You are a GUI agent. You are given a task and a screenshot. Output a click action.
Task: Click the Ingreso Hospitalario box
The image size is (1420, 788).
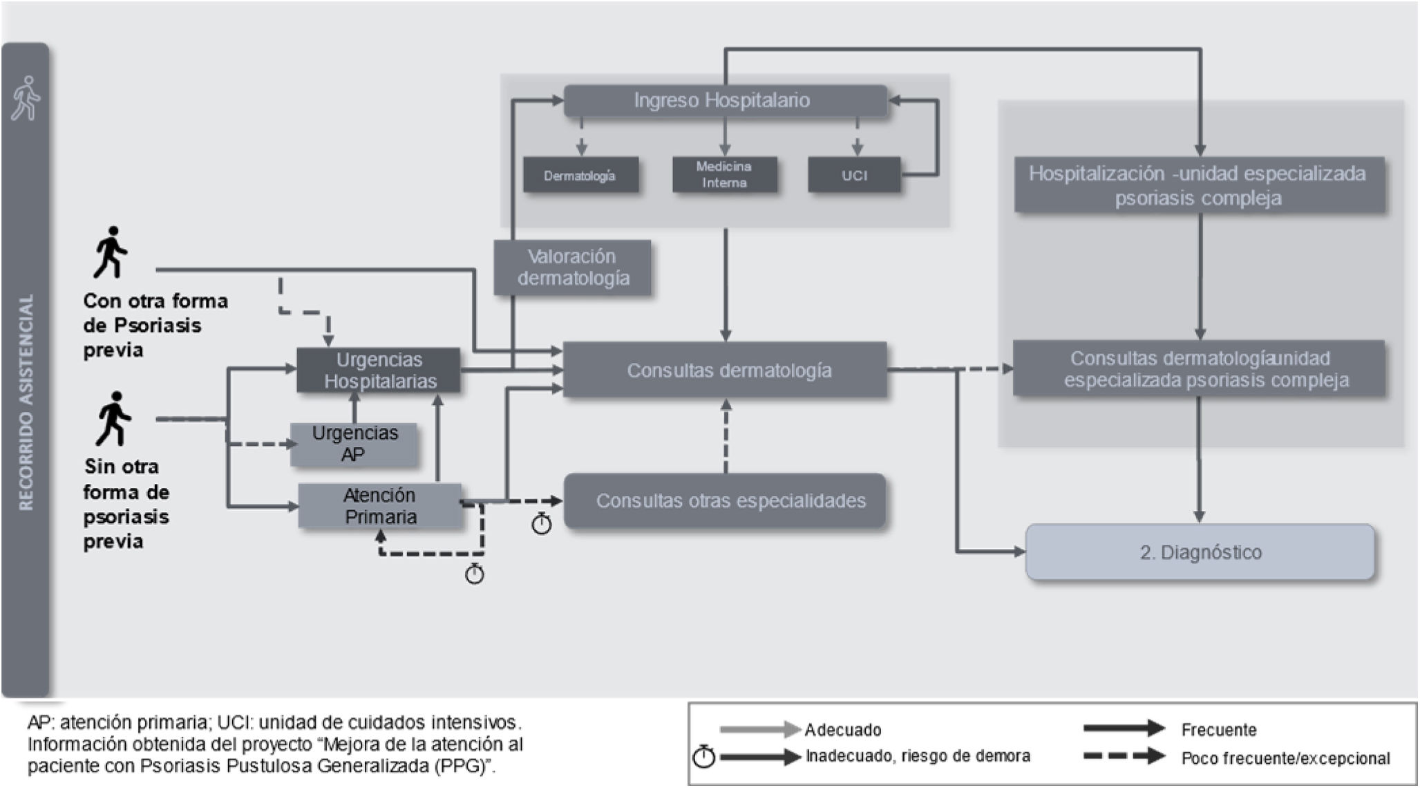pos(725,101)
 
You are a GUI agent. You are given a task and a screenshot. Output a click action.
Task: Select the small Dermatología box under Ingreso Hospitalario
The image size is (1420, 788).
pos(580,176)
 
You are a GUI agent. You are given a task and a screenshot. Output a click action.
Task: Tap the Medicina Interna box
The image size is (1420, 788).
pos(724,175)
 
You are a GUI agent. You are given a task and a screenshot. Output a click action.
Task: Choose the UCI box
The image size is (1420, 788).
pos(854,176)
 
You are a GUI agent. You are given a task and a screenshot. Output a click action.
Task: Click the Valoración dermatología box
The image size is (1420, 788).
pos(573,268)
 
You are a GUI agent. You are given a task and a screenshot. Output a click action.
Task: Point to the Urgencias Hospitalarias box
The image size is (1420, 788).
pos(379,370)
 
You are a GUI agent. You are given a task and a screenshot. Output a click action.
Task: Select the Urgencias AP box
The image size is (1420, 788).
pos(354,444)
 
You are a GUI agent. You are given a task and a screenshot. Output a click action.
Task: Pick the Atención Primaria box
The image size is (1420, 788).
pos(379,506)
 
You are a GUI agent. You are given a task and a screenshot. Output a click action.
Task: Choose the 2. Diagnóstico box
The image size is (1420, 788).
pos(1200,552)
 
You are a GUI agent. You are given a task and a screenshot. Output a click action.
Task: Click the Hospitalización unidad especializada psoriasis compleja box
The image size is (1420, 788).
pos(1199,185)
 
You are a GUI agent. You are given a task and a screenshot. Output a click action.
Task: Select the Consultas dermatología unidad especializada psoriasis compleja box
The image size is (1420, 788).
pos(1199,369)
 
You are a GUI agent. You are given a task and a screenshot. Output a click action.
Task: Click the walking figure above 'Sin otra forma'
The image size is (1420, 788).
pos(113,418)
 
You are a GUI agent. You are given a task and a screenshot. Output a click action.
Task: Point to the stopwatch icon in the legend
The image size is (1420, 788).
pos(703,758)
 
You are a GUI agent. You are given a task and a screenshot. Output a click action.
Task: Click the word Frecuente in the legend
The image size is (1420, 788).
pos(1218,730)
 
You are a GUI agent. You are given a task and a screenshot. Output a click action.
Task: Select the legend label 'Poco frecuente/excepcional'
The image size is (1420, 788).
pos(1285,758)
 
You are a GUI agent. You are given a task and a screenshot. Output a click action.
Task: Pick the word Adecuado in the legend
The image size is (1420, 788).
pos(842,730)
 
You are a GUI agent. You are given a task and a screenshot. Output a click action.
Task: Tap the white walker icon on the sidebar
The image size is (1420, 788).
pos(26,98)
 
